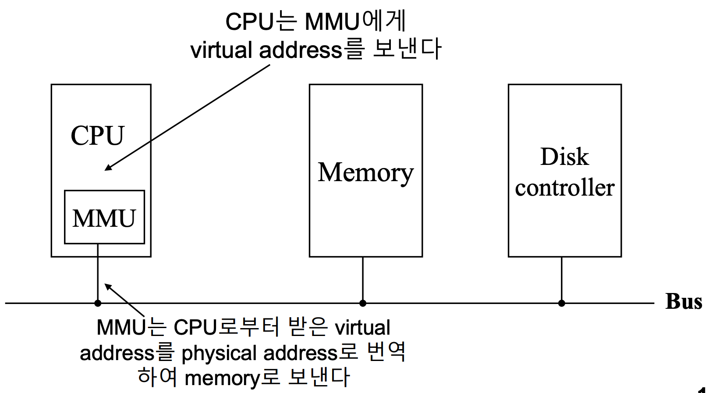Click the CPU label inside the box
tap(97, 136)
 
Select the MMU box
tap(104, 217)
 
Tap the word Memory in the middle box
tap(365, 172)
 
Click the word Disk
tap(564, 157)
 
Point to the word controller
tap(564, 188)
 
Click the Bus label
tap(683, 302)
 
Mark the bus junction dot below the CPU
tap(98, 303)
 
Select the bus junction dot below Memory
tap(363, 303)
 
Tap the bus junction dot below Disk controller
tap(562, 303)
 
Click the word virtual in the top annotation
tap(221, 50)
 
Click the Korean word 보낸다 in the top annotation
tap(407, 48)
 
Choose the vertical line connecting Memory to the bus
tap(363, 279)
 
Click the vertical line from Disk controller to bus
tap(562, 279)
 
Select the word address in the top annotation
tap(300, 50)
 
